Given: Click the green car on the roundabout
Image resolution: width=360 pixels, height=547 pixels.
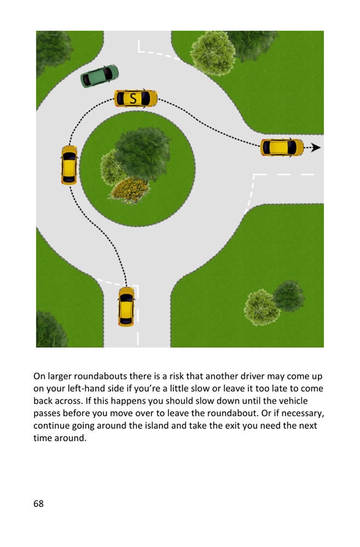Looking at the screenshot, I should pos(100,76).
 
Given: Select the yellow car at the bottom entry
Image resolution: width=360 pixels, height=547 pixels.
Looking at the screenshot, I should pos(126,306).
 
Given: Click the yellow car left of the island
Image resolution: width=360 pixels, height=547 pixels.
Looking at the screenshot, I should pos(69,165).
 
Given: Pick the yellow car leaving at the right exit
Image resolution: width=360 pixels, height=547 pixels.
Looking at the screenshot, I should pos(282,147).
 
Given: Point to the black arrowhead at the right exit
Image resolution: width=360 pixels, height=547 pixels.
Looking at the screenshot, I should pos(316,148).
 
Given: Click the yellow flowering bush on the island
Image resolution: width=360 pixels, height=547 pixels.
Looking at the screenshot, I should pos(130,189).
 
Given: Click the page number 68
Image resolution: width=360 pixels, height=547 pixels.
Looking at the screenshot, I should pos(38,503).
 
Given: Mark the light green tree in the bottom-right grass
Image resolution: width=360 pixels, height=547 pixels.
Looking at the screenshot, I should pos(262,307).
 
